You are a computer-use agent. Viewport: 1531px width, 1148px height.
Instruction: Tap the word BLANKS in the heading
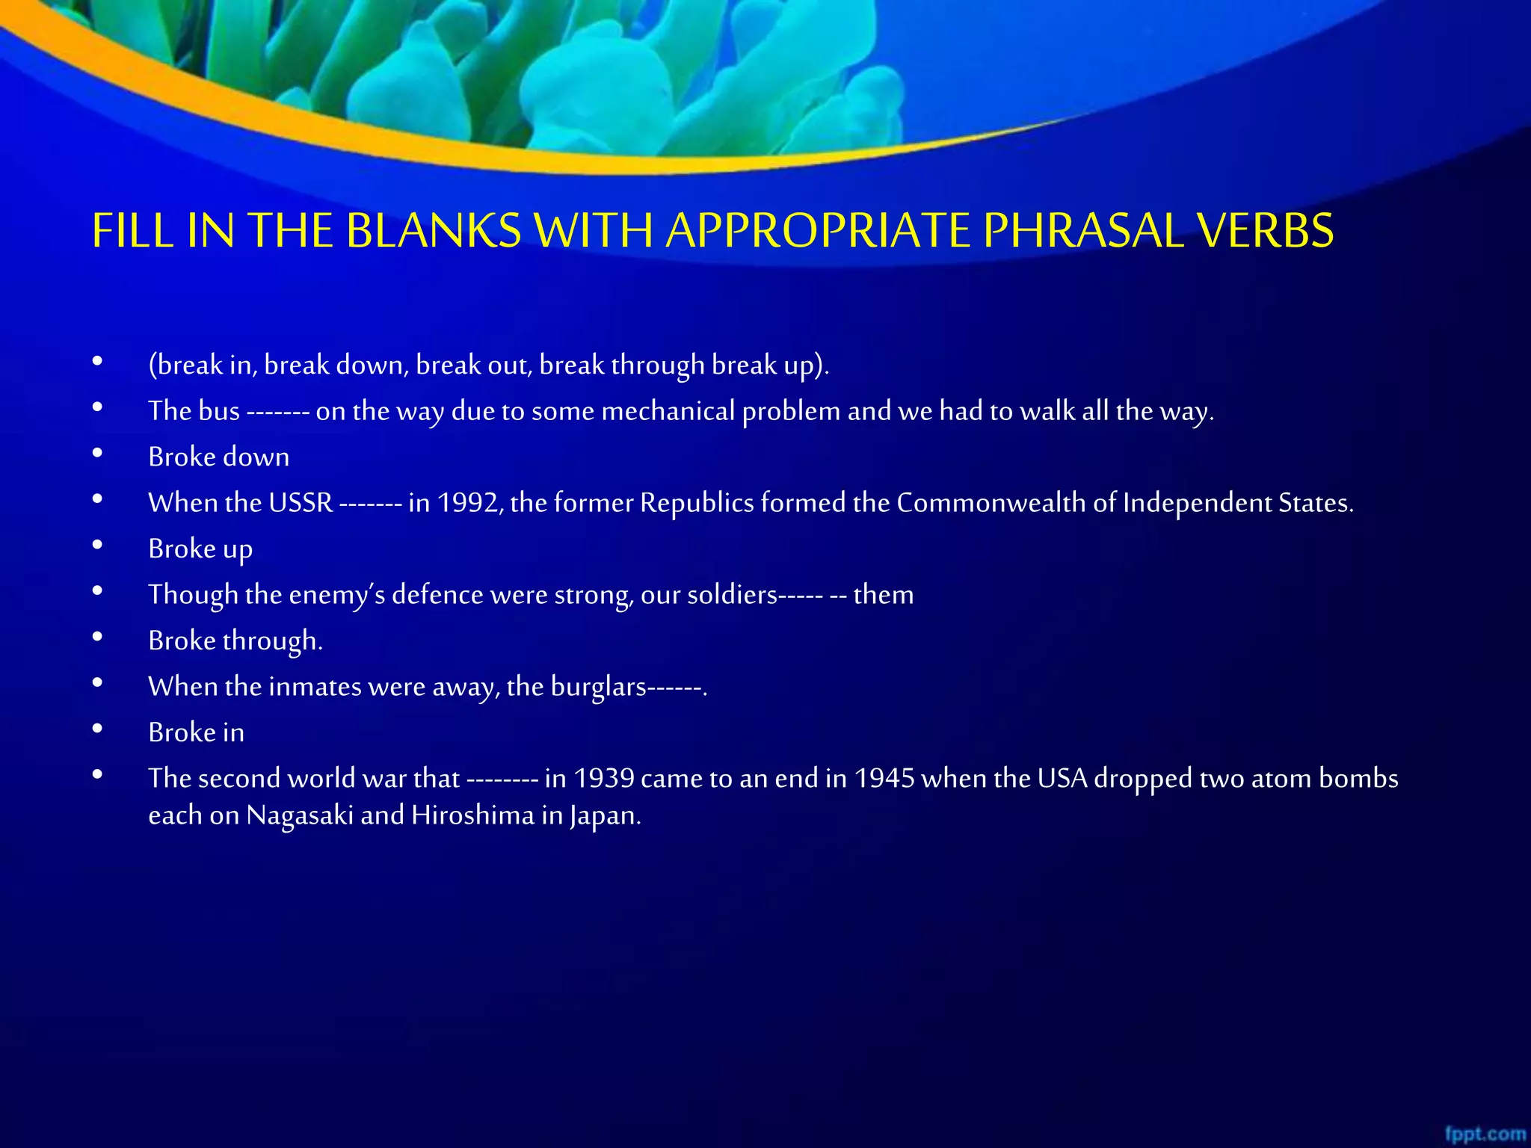[434, 230]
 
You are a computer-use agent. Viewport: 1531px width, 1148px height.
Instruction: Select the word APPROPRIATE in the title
[819, 230]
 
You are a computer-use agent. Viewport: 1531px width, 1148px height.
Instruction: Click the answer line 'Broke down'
[218, 457]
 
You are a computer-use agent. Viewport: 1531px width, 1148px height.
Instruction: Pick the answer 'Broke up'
[200, 549]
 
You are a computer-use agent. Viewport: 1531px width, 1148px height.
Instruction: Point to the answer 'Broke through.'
[235, 641]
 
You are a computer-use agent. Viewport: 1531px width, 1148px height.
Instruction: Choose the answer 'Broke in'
[196, 732]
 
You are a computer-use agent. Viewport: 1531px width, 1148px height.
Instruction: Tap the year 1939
[603, 779]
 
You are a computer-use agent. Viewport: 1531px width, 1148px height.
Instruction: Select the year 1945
[884, 779]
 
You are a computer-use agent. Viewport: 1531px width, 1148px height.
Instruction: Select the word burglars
[598, 687]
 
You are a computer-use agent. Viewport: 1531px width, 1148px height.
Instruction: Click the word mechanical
[668, 411]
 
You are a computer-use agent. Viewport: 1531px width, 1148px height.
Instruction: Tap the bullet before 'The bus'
[97, 408]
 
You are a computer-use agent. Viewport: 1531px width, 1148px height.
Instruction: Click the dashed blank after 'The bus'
[277, 412]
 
